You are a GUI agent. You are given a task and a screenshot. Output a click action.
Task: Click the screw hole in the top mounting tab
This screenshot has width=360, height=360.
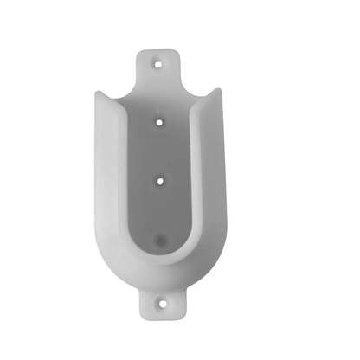(x=157, y=63)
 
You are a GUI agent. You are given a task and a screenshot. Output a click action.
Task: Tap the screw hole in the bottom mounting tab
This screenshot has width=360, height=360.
(x=161, y=304)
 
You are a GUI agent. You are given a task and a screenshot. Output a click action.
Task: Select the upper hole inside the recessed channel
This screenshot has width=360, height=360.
(x=159, y=123)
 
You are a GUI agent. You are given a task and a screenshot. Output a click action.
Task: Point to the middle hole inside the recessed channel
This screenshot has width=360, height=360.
(x=159, y=179)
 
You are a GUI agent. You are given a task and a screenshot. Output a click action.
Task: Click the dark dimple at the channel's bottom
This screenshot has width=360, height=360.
(x=159, y=235)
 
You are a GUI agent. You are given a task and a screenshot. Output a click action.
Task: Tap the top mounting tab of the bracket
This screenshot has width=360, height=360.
(x=158, y=69)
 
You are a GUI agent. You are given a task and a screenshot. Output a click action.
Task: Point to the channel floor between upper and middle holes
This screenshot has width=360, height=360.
(x=159, y=151)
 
